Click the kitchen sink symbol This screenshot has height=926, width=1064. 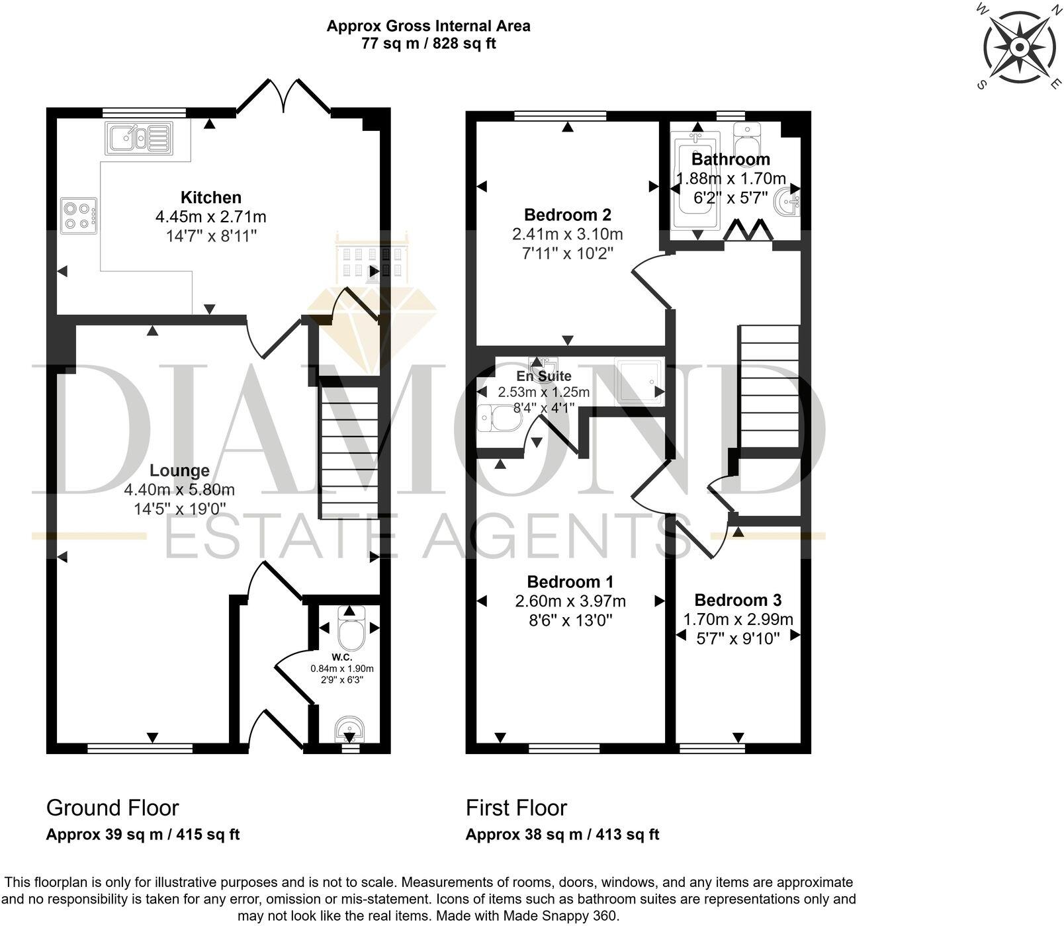click(138, 138)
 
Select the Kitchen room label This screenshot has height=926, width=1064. click(211, 197)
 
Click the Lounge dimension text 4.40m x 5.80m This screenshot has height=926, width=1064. click(179, 490)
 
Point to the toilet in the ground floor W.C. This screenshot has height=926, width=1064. click(350, 629)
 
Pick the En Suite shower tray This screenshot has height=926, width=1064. click(639, 381)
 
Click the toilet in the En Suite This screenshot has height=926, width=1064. click(498, 419)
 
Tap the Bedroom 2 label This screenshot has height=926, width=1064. click(567, 214)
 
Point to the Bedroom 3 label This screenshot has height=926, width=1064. click(738, 600)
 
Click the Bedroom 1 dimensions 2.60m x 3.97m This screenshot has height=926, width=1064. click(570, 601)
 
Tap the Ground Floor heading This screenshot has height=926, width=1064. click(112, 808)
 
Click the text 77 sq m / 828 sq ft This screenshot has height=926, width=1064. click(428, 44)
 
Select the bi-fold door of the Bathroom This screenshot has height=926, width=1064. click(748, 232)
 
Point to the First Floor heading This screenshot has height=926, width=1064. click(516, 808)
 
